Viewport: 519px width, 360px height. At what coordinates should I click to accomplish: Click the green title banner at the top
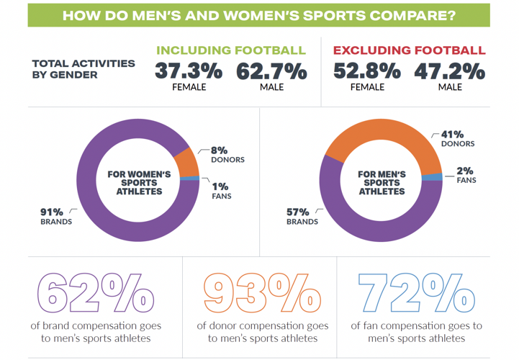pyautogui.click(x=258, y=15)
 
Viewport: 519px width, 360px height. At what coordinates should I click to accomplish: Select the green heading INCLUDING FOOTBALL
pyautogui.click(x=231, y=50)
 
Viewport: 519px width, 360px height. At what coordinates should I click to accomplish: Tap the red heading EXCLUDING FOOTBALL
pyautogui.click(x=409, y=50)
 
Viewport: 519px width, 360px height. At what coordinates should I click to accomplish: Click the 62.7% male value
pyautogui.click(x=271, y=72)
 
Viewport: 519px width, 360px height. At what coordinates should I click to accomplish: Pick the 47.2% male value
pyautogui.click(x=450, y=72)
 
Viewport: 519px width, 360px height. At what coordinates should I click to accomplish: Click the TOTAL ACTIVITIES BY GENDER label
pyautogui.click(x=83, y=68)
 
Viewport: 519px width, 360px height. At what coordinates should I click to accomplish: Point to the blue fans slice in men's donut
pyautogui.click(x=433, y=177)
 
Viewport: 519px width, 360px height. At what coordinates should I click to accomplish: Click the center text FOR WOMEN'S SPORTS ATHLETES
pyautogui.click(x=138, y=182)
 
